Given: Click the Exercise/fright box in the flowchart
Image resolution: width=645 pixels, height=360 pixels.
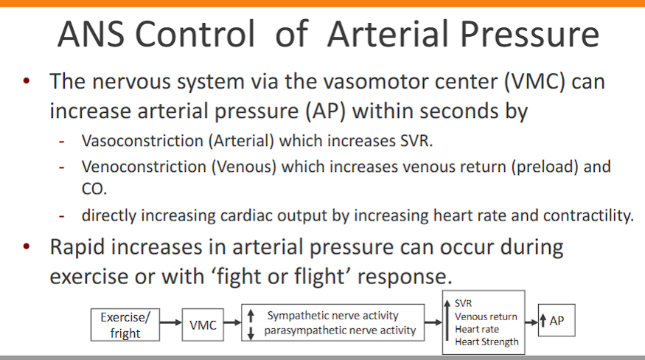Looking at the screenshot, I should point(125,325).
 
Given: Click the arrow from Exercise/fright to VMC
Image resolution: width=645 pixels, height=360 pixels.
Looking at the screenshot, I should point(171,323).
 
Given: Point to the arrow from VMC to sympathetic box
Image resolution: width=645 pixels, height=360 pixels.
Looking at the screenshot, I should point(232,323).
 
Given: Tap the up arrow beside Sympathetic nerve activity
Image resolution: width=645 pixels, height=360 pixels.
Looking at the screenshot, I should point(251,316).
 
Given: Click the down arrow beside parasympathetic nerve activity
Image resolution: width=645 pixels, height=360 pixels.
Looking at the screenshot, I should point(251,333).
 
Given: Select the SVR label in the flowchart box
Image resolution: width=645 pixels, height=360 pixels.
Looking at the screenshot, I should point(464,303).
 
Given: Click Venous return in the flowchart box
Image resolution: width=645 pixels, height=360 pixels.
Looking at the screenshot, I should point(486,316).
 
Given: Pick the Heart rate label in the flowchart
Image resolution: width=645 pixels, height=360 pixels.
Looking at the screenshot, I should point(477,329).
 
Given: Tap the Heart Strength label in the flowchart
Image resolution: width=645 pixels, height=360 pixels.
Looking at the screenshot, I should point(487,342).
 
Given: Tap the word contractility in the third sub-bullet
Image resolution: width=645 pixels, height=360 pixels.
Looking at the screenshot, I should point(588,215).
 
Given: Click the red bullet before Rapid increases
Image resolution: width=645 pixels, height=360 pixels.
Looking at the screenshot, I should point(27,248).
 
